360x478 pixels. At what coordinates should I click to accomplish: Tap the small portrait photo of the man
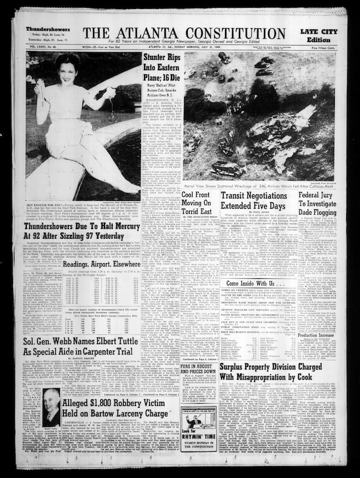[x=51, y=408]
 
